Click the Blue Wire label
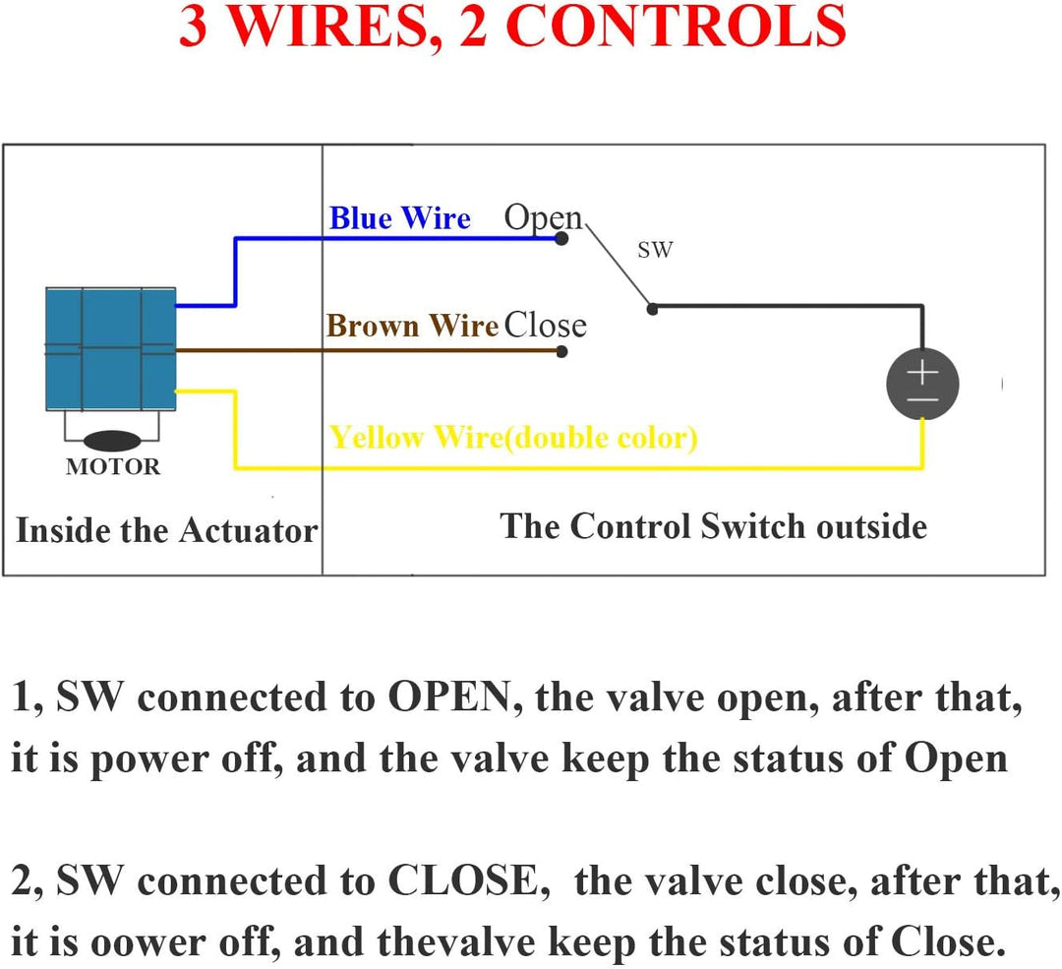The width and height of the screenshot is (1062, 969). tap(399, 218)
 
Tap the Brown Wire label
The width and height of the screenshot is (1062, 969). tap(412, 327)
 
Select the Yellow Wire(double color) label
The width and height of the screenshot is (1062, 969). tap(513, 438)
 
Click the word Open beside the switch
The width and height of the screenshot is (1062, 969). tap(543, 218)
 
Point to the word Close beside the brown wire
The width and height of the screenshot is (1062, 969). tap(545, 326)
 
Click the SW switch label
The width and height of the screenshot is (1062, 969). tap(655, 250)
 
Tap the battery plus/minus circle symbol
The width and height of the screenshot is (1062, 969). tap(922, 384)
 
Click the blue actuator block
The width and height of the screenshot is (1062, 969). tap(111, 348)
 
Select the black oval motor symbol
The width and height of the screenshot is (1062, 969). tap(111, 441)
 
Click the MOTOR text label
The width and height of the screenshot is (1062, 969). tap(112, 467)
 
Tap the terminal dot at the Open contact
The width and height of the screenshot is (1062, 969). tap(561, 239)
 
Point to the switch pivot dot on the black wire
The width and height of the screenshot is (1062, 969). tap(651, 308)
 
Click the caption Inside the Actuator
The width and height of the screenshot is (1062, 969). tap(166, 531)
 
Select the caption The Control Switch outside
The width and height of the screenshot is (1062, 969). tap(713, 526)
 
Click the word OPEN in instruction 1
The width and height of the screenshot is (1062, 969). tap(447, 698)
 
